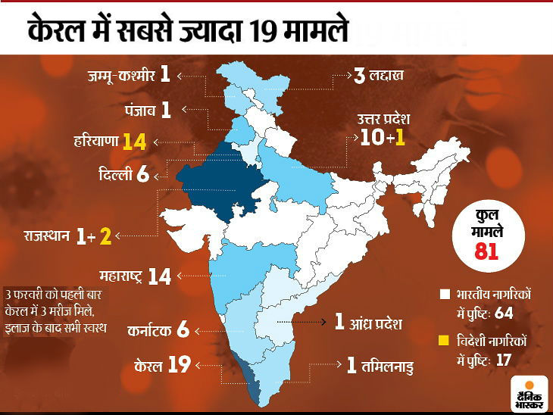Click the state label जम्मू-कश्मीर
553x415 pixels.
click(119, 75)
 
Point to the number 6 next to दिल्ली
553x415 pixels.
click(143, 174)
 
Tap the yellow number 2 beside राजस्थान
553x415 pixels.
click(105, 236)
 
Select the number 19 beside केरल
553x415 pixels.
click(178, 365)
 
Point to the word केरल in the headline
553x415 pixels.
click(58, 31)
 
